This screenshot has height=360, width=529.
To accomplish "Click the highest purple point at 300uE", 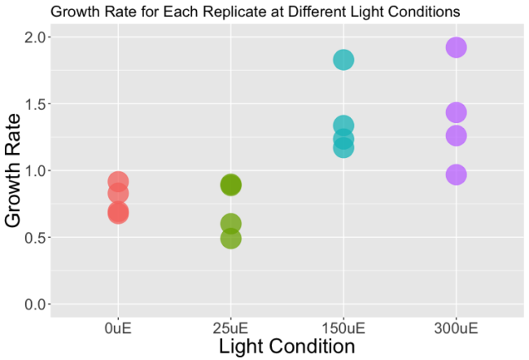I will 456,47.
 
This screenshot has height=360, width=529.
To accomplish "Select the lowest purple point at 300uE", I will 456,174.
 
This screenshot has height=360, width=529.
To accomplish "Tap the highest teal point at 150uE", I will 343,59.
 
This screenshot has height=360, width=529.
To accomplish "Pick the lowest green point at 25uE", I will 230,238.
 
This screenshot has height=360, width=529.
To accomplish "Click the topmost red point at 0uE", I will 118,182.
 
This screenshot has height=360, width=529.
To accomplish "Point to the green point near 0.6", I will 230,223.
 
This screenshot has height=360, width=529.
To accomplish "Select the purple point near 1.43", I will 456,112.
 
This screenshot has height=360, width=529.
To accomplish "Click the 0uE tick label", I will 118,328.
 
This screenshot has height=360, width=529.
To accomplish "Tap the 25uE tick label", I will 230,328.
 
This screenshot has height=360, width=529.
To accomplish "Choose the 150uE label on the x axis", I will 343,328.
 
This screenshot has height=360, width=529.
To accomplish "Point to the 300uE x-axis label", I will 456,328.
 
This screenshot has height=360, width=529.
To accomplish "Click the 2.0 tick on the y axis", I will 37,37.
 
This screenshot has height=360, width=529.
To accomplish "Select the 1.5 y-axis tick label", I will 37,104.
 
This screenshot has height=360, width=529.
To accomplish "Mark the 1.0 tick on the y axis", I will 37,171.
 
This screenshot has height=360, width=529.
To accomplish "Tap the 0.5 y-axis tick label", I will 37,238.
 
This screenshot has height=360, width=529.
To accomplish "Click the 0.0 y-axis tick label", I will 37,305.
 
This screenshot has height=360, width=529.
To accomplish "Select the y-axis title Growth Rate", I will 14,171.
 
